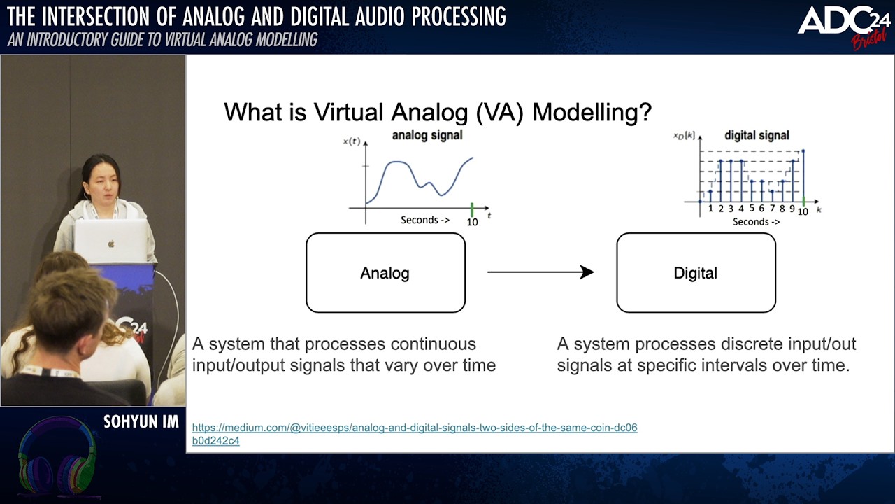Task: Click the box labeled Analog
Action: pyautogui.click(x=385, y=273)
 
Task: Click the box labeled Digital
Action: pyautogui.click(x=696, y=273)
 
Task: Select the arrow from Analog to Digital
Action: pyautogui.click(x=540, y=272)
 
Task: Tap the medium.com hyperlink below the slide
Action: pyautogui.click(x=415, y=428)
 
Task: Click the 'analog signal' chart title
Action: pyautogui.click(x=427, y=135)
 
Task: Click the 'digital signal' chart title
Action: pyautogui.click(x=757, y=135)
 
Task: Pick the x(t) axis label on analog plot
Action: pyautogui.click(x=352, y=141)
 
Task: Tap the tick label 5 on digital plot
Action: pyautogui.click(x=752, y=209)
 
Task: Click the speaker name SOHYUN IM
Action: pyautogui.click(x=141, y=421)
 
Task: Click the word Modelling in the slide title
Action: pyautogui.click(x=592, y=113)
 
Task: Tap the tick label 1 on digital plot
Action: pyautogui.click(x=710, y=209)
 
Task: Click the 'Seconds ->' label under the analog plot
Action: pyautogui.click(x=425, y=220)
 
